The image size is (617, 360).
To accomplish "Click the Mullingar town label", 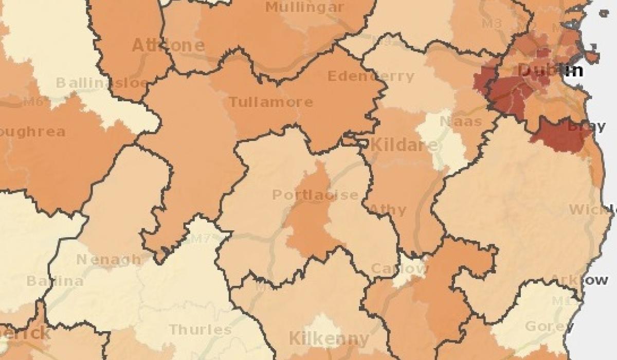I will [x=305, y=7].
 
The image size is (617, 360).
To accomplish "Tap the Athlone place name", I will [x=168, y=45].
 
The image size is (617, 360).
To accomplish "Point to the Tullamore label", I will [x=270, y=102].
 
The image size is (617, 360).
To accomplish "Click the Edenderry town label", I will [x=370, y=77].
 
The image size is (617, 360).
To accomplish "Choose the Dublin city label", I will [x=550, y=70].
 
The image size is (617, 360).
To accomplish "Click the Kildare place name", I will [x=405, y=145].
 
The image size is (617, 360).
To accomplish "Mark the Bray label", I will [x=579, y=125].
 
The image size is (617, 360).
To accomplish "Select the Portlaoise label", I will [x=315, y=195].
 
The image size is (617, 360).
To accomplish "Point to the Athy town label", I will [x=388, y=210].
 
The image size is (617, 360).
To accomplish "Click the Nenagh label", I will [x=108, y=260].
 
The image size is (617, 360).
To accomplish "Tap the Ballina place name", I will [x=55, y=281].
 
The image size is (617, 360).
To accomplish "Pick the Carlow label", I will [x=399, y=268].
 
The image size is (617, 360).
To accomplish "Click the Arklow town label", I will [x=579, y=280].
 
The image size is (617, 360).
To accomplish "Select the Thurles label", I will [x=200, y=329].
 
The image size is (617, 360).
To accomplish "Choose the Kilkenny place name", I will [x=329, y=339].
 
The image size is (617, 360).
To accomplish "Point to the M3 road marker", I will [x=492, y=24].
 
